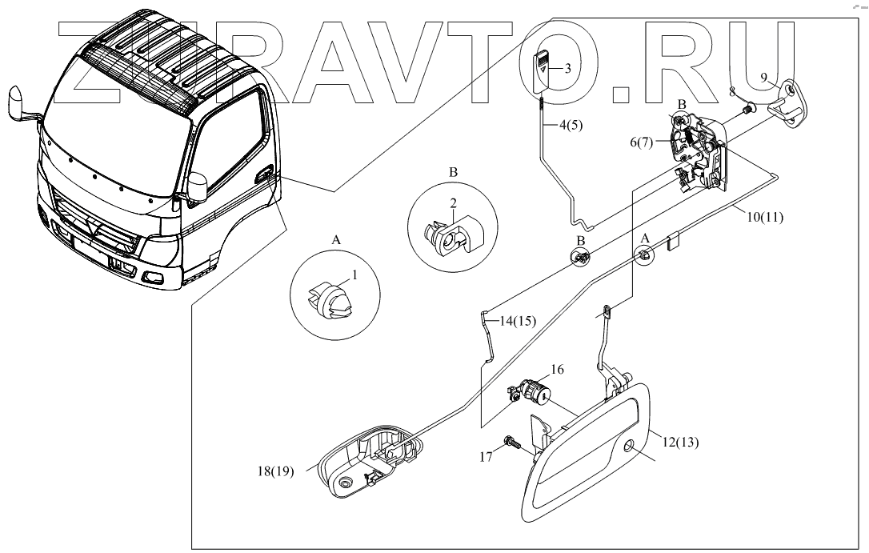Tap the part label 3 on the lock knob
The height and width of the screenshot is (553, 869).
click(567, 69)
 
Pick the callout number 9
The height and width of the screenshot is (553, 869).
click(764, 77)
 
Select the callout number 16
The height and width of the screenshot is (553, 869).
click(557, 369)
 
